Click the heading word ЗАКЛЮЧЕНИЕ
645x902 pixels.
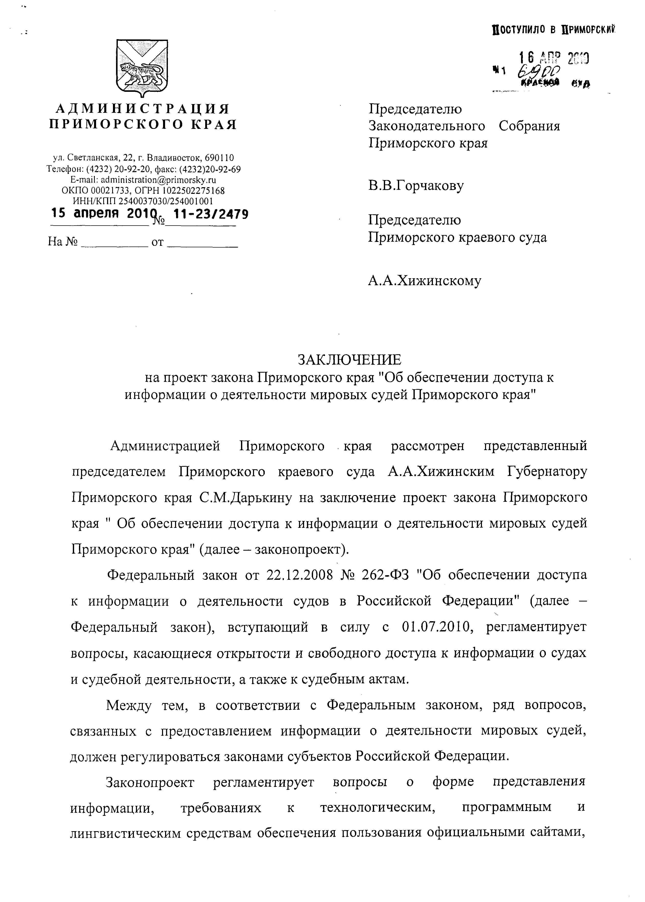click(x=350, y=360)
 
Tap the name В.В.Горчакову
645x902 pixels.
click(x=416, y=186)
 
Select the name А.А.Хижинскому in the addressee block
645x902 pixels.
click(x=424, y=281)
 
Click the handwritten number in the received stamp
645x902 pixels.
click(x=539, y=73)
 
